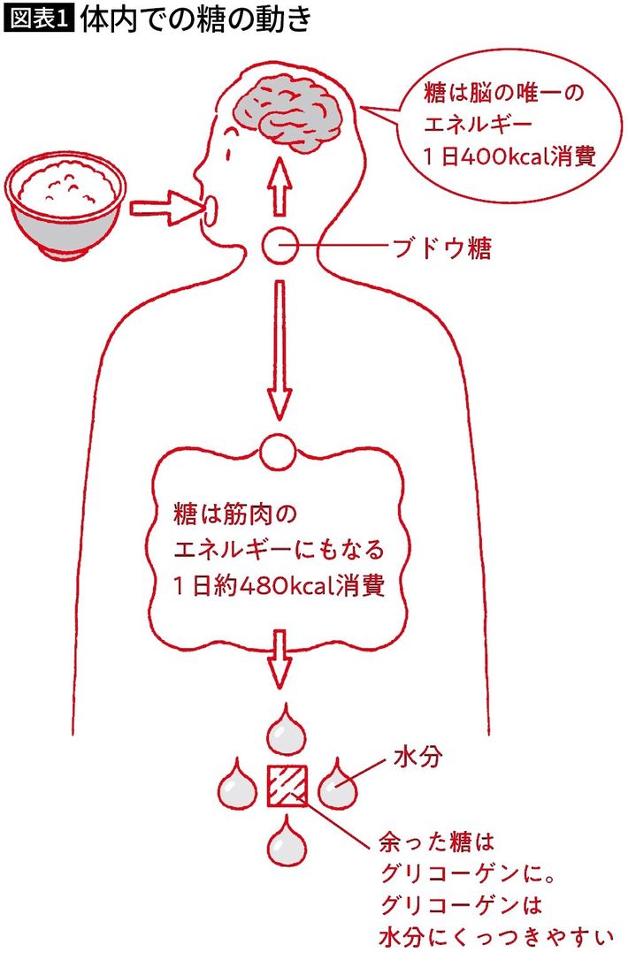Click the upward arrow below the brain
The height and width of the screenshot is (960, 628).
[280, 187]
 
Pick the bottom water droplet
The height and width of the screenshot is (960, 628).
[287, 840]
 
